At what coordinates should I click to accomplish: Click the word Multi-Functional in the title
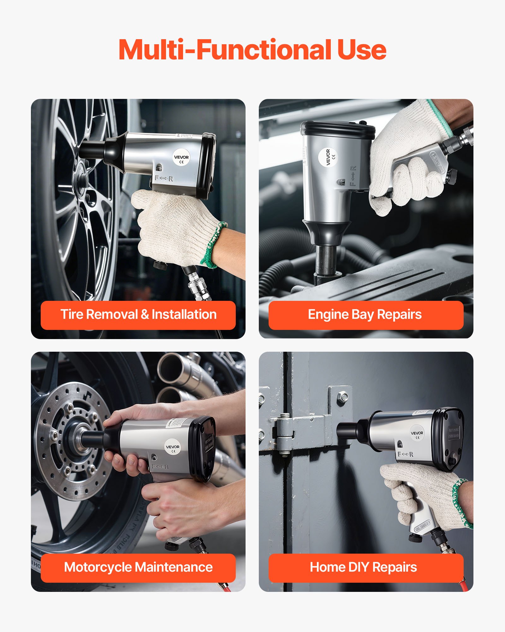coord(224,50)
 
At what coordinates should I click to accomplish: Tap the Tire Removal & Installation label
coord(138,315)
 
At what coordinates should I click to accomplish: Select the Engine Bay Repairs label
coord(365,315)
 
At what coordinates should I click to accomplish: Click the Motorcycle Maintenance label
coord(138,567)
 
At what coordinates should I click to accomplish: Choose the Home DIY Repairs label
coord(364,567)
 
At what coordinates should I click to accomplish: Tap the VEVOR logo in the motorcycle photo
coord(173,447)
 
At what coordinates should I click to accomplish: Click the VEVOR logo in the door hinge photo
coord(417,434)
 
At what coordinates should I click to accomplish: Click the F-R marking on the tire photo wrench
coord(164,179)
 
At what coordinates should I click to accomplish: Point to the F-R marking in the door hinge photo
coord(405,454)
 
